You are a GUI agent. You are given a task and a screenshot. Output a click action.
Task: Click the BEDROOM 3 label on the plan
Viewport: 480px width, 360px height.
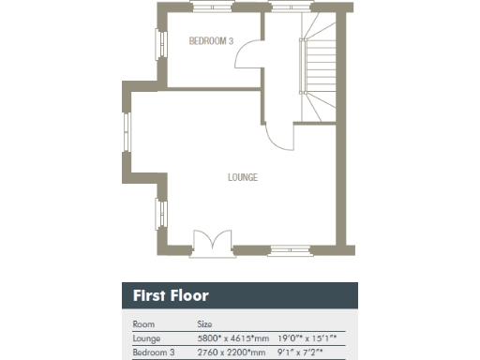211,41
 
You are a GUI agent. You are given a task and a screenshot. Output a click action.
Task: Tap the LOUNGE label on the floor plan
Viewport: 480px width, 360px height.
243,177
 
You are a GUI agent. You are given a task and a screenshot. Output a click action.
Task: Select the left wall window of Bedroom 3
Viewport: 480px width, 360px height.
159,42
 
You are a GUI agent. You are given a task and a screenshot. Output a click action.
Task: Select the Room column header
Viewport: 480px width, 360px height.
143,322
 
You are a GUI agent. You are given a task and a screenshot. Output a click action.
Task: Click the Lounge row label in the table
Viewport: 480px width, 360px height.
148,337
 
